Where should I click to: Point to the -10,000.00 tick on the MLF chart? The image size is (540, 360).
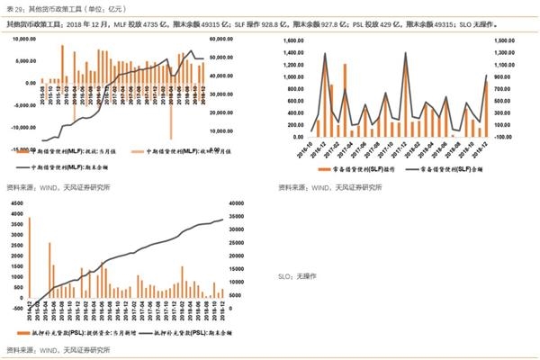(x=23, y=125)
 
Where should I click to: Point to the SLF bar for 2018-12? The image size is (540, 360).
(x=486, y=108)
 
